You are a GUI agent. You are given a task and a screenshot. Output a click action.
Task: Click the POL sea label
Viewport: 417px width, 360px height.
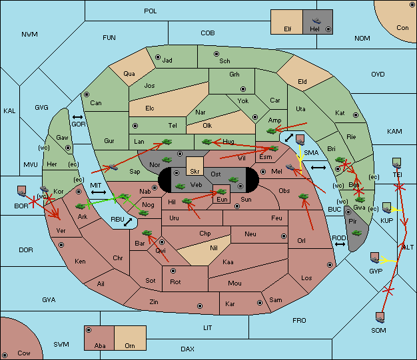(x=151, y=11)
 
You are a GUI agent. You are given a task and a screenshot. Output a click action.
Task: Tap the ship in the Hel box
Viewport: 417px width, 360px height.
(x=316, y=21)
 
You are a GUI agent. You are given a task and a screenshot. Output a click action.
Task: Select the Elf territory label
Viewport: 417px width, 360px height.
(x=288, y=29)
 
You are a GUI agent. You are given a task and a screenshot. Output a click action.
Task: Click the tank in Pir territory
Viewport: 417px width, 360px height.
(x=356, y=233)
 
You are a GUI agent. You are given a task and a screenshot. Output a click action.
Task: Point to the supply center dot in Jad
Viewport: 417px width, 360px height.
(x=158, y=57)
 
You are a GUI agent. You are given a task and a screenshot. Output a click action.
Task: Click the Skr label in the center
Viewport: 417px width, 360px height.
(x=195, y=172)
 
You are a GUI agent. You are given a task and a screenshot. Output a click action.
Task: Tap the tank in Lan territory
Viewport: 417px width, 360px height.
(x=167, y=142)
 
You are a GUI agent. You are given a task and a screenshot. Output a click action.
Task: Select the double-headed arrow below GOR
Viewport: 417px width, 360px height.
(x=77, y=117)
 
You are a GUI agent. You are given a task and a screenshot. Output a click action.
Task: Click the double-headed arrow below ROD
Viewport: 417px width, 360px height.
(x=340, y=244)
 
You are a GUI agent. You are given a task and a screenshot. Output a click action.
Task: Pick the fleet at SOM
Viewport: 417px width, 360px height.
(x=380, y=317)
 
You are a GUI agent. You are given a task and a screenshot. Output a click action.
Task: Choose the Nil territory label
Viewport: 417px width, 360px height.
(x=214, y=248)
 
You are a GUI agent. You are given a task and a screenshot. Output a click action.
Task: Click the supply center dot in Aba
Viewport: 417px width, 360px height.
(x=89, y=330)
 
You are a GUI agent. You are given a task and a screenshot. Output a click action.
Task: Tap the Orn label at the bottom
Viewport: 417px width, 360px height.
(x=130, y=345)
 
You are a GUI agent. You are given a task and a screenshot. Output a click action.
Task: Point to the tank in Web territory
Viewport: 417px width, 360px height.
(x=180, y=186)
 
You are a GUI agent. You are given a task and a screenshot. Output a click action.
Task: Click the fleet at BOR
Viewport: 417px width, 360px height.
(x=22, y=191)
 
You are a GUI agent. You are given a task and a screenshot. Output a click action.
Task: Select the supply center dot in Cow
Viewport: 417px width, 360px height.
(x=5, y=355)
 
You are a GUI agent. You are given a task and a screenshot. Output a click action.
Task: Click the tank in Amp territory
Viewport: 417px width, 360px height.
(x=272, y=130)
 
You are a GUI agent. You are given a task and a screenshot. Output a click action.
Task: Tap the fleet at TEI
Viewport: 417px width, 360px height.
(x=397, y=163)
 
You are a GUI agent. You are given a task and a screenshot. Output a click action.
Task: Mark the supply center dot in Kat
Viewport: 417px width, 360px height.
(x=356, y=115)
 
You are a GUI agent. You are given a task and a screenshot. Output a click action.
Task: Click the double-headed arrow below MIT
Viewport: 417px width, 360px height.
(x=99, y=192)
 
